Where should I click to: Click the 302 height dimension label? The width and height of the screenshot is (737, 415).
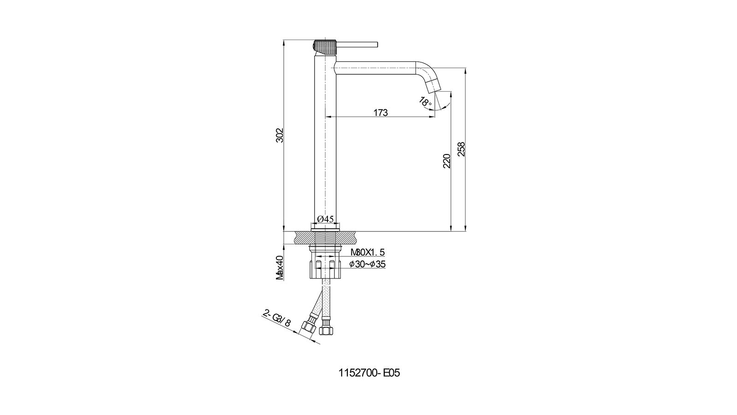tap(279, 135)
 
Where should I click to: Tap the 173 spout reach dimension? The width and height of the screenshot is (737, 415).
tap(380, 113)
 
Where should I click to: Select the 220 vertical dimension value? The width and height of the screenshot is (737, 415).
tap(446, 161)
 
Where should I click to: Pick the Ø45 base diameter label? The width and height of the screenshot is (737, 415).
tap(325, 219)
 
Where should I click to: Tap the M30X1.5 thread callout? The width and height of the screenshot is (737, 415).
tap(368, 252)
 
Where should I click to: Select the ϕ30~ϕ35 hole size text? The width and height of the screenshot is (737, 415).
tap(368, 264)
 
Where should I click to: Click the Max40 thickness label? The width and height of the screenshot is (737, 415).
tap(280, 267)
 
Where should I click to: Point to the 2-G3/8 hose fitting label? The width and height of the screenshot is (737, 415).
tap(277, 318)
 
